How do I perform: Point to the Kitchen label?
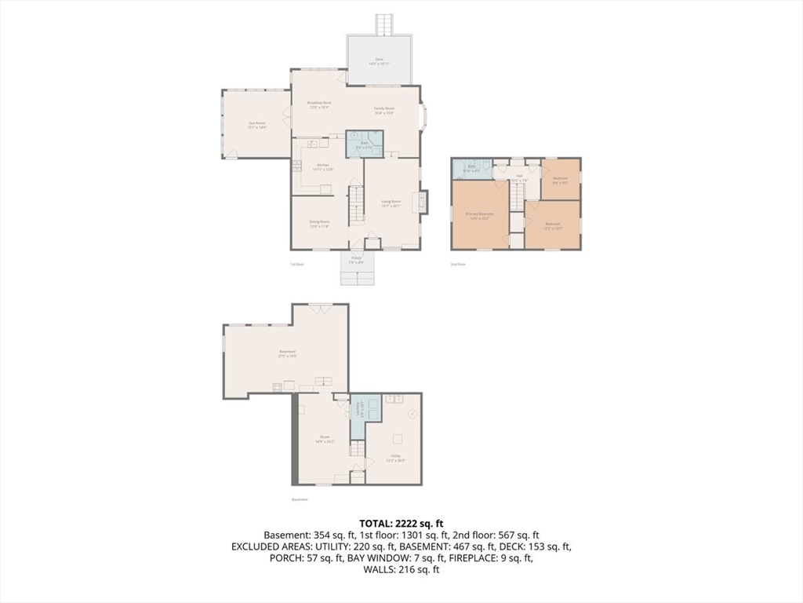pos(323,166)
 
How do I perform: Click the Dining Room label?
pos(319,224)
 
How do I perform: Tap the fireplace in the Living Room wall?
pos(423,202)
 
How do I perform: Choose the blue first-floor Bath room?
pos(365,144)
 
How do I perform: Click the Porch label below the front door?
pos(356,259)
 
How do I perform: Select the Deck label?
pos(380,61)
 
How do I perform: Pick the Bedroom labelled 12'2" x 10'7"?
pos(553,225)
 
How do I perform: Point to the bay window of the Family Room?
pos(424,116)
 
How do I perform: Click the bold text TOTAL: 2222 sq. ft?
pos(401,523)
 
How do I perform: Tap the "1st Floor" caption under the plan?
pos(297,265)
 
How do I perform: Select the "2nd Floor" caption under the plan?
pos(458,265)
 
